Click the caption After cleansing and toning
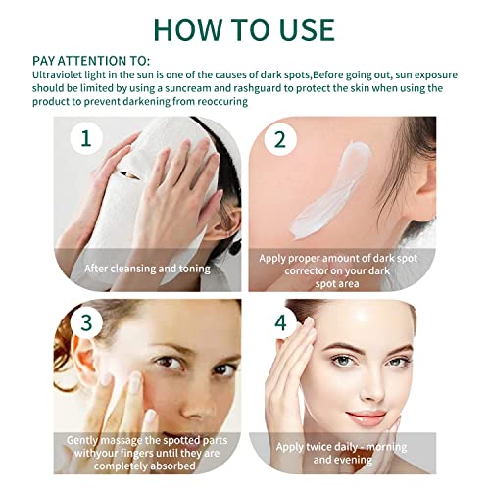pos(147,268)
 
